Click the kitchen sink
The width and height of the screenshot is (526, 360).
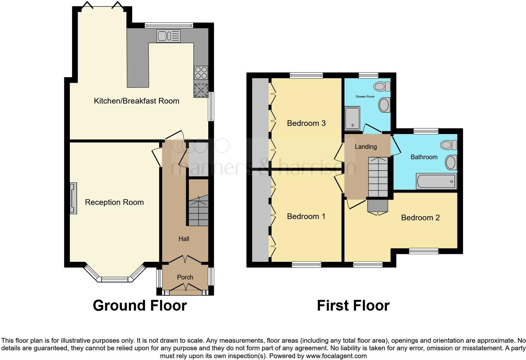168,36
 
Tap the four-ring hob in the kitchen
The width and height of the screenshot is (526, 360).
201,73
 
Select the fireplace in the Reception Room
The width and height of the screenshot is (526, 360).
73,198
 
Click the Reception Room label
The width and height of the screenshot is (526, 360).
115,202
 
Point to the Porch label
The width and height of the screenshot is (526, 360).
185,277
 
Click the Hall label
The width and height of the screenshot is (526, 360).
184,239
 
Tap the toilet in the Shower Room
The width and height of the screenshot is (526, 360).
382,87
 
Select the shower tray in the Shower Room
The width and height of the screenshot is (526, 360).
352,118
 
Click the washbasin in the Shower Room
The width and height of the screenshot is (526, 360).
384,105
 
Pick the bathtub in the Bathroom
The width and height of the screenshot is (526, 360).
436,181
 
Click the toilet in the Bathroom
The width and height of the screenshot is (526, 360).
449,145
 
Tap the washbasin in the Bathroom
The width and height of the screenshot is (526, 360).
451,162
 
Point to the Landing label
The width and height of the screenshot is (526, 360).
366,147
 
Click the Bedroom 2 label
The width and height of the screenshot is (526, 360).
420,218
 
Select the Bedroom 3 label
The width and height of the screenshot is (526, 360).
306,123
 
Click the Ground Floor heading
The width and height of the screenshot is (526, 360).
140,306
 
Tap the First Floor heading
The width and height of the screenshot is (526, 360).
353,306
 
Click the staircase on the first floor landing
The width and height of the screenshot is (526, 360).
378,177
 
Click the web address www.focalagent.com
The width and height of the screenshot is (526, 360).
336,356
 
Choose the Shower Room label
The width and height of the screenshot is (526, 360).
365,97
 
